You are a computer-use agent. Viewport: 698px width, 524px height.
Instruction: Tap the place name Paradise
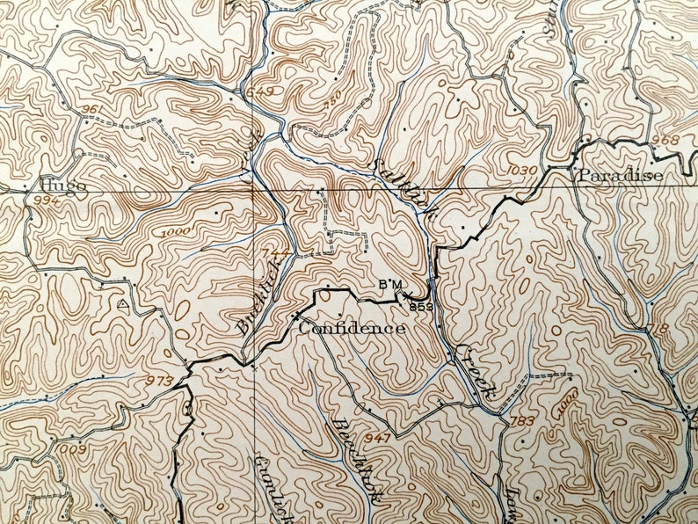click(x=619, y=175)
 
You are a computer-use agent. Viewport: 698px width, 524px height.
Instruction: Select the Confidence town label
click(x=352, y=329)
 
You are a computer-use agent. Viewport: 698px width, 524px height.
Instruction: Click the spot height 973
click(x=160, y=381)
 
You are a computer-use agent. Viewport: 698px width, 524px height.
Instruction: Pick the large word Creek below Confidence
click(x=476, y=374)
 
